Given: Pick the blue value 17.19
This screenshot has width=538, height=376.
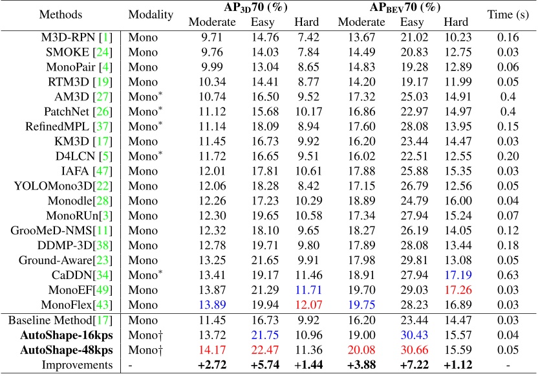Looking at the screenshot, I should coord(457,274).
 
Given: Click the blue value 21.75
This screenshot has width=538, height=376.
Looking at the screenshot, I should coord(264,335).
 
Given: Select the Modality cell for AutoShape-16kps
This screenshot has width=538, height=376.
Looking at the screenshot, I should coord(145,335).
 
